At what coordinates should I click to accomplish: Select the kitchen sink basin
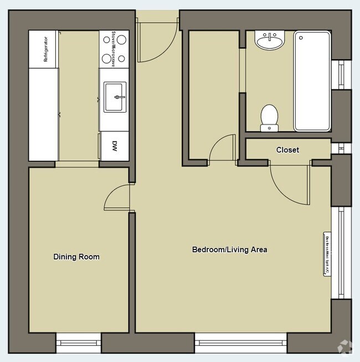[x=115, y=97]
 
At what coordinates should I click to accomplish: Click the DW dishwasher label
[x=115, y=146]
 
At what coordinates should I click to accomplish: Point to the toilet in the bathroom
[x=270, y=117]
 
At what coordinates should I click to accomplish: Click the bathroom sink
[x=270, y=40]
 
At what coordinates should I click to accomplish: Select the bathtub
[x=312, y=81]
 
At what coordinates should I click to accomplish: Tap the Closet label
[x=287, y=150]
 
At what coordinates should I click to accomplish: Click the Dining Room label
[x=76, y=257]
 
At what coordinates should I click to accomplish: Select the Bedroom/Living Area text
[x=229, y=249]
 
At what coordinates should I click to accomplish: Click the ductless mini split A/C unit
[x=327, y=253]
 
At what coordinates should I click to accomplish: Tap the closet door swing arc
[x=288, y=186]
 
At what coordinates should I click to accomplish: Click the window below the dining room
[x=78, y=342]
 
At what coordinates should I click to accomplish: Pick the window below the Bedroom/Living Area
[x=240, y=342]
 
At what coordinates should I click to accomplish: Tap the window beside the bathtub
[x=341, y=73]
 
